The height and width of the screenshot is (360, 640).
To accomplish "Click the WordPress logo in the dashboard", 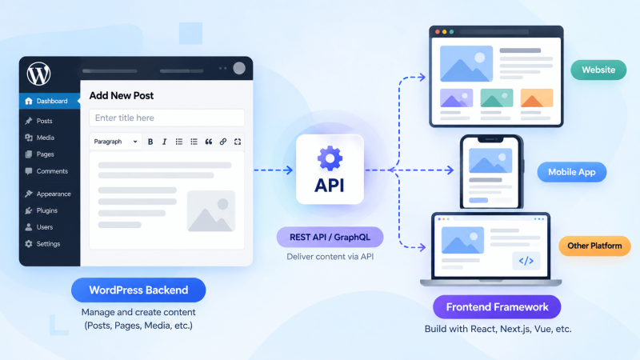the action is [x=38, y=74].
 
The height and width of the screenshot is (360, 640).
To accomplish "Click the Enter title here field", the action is [x=166, y=118].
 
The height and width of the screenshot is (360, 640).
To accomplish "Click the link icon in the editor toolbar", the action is [x=223, y=142].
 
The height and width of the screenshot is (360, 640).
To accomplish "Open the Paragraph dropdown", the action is [x=115, y=142].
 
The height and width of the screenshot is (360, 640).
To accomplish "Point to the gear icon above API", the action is [x=330, y=158].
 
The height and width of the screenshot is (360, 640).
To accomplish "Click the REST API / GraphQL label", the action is [x=330, y=237].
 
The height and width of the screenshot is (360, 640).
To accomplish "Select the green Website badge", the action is [x=598, y=70].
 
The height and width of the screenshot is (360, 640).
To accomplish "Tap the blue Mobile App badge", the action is [x=571, y=172].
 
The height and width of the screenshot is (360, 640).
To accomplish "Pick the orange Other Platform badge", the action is [x=594, y=246].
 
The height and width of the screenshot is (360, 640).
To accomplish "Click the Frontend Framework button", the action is [x=497, y=307].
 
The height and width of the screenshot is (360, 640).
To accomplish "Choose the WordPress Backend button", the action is [x=138, y=290].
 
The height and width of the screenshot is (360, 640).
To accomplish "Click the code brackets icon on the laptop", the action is [x=526, y=261].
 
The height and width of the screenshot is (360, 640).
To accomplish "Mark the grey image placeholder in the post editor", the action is [x=211, y=211].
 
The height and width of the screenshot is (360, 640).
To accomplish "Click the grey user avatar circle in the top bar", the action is [x=239, y=68].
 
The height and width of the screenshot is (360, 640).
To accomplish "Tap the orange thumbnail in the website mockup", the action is [x=537, y=98].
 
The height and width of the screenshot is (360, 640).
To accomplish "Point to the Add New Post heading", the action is [x=122, y=95].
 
